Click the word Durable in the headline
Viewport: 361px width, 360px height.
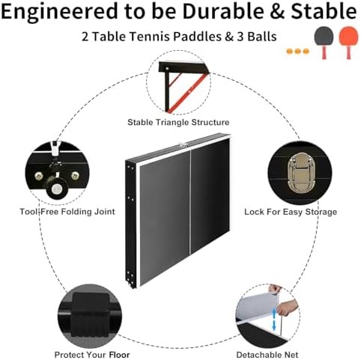[228, 13]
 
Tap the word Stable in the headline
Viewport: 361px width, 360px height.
[320, 13]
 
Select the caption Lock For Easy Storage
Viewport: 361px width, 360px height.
[291, 212]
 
